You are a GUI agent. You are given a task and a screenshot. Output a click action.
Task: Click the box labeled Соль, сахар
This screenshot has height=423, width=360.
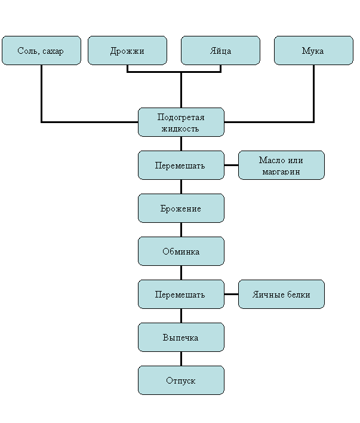[42, 50]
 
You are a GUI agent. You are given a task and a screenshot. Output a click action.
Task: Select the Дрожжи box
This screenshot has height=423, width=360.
[127, 50]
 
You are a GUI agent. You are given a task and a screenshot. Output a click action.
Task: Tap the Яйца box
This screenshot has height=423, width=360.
[220, 50]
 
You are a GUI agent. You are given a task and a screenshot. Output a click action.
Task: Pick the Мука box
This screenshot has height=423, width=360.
[313, 50]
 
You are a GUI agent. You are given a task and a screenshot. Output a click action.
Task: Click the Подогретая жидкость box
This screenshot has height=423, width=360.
[181, 122]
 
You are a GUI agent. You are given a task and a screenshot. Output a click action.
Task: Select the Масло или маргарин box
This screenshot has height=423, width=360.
[281, 165]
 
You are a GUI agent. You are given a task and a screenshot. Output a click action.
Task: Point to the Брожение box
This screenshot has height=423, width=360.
[181, 209]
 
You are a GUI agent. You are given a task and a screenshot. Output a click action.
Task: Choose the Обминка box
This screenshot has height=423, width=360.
[181, 251]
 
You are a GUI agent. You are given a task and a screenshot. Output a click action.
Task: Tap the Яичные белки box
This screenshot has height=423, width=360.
[281, 295]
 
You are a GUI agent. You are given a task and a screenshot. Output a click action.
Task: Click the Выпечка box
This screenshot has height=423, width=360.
[181, 337]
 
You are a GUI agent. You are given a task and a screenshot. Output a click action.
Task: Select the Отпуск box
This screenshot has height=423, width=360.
[181, 381]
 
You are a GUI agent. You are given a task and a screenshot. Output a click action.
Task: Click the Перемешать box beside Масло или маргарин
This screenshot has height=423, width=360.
[181, 165]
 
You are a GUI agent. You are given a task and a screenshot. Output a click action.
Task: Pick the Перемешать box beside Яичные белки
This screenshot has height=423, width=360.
[181, 295]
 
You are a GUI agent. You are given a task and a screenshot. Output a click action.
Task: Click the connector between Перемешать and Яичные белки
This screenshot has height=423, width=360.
[232, 295]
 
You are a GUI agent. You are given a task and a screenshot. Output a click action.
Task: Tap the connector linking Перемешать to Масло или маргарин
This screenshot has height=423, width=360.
[232, 165]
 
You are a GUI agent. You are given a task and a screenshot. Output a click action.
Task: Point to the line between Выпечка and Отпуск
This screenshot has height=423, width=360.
[181, 359]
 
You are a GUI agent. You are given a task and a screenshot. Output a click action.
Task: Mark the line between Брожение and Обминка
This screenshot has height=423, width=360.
[181, 230]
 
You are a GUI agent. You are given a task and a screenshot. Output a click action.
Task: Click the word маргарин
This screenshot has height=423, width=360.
[281, 172]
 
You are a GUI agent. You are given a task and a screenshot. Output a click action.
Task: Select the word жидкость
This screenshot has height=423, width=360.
[180, 128]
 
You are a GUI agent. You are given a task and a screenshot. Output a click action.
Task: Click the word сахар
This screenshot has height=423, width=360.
[53, 51]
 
